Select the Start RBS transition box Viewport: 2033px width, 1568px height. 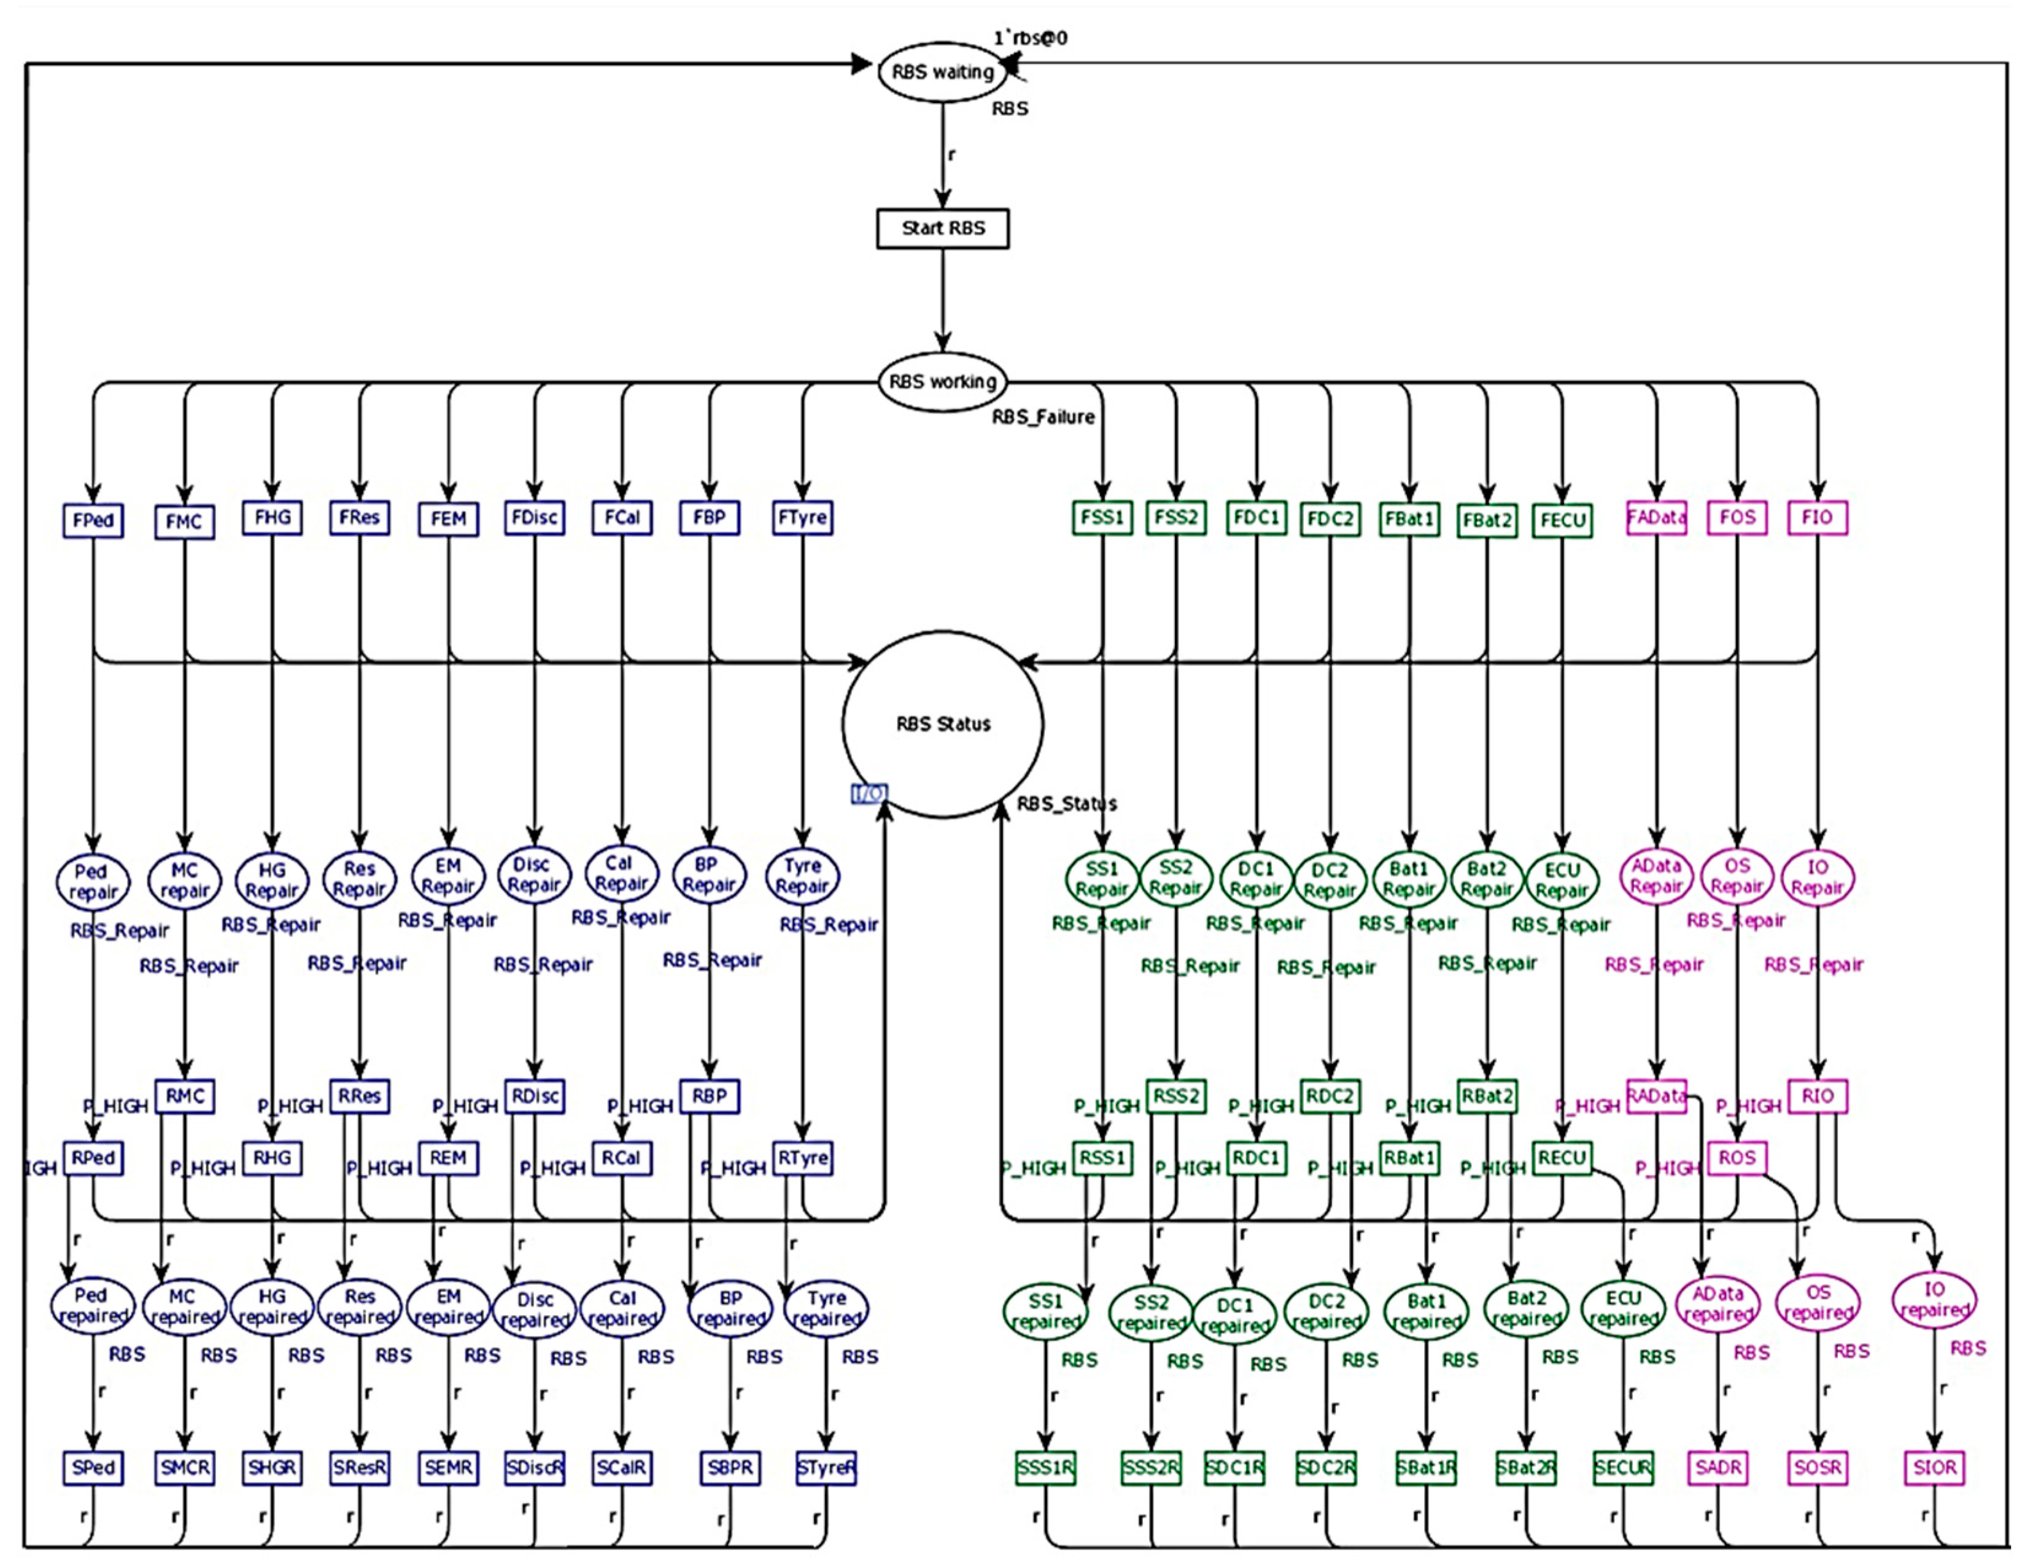tap(942, 228)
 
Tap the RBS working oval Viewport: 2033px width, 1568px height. tap(942, 382)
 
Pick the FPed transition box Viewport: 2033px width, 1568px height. tap(93, 519)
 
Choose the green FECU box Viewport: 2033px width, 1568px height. tap(1562, 519)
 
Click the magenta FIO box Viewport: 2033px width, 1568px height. tap(1817, 518)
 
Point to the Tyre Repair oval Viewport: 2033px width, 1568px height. tap(802, 876)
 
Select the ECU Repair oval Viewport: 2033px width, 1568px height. tap(1562, 880)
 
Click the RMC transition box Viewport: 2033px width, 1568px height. tap(184, 1096)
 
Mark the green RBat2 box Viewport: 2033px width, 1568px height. tap(1487, 1096)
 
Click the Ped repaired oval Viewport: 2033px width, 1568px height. tap(91, 1305)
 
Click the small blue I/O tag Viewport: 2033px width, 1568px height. tap(869, 793)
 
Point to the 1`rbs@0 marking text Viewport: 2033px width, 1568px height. tap(1029, 38)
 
